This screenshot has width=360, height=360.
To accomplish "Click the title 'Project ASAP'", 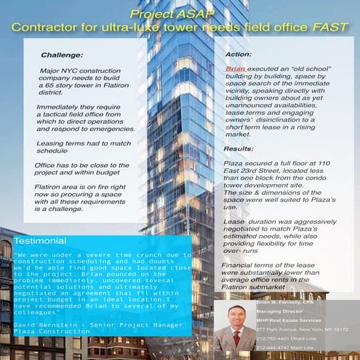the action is click(179, 15).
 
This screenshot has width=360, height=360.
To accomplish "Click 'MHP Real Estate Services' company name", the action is click(300, 319).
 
